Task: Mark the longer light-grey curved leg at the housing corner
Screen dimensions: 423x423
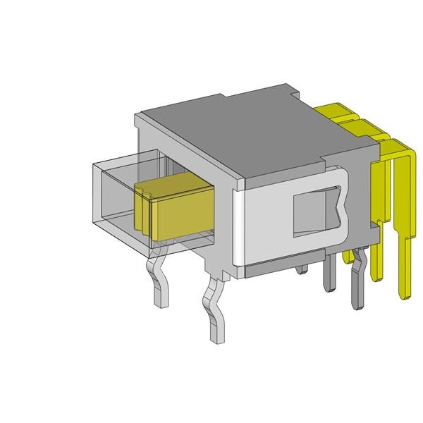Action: tap(214, 310)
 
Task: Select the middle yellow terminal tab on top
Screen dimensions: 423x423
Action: tap(356, 126)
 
